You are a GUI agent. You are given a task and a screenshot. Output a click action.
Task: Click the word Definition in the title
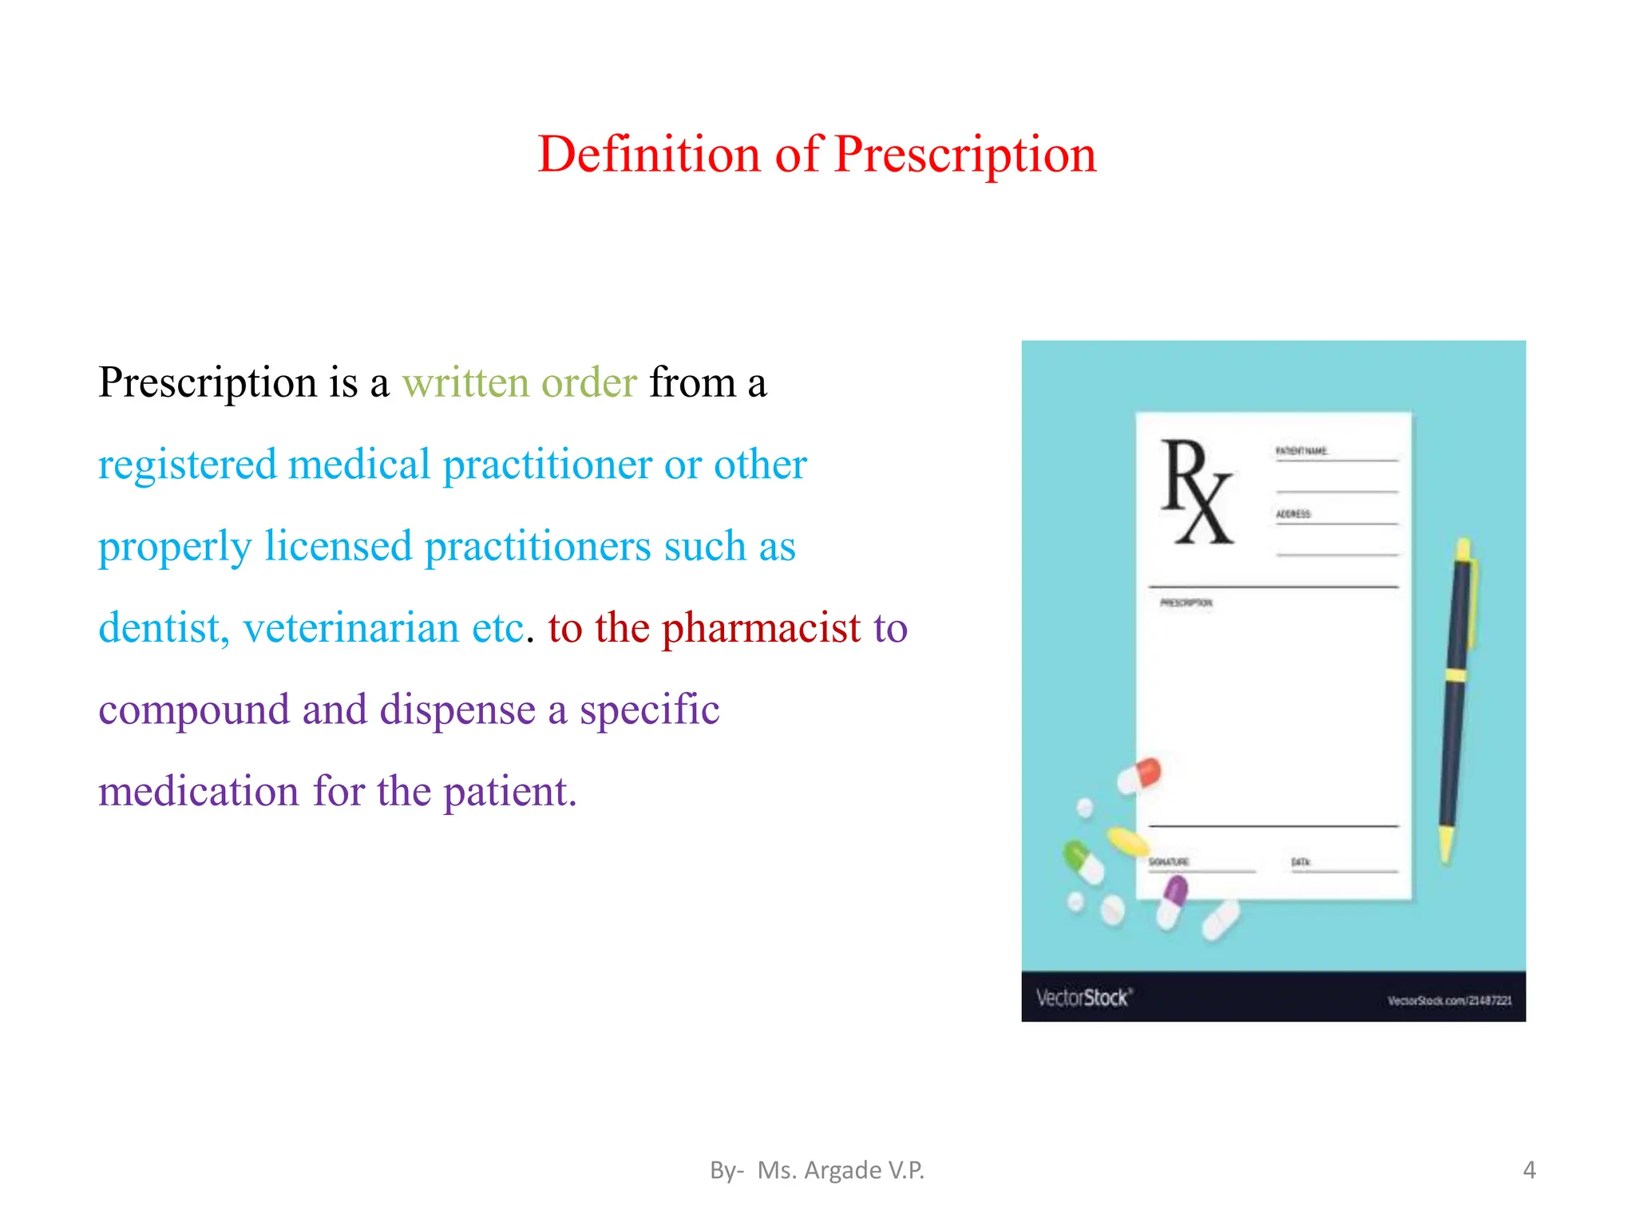point(648,154)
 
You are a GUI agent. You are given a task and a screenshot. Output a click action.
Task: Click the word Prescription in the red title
point(965,154)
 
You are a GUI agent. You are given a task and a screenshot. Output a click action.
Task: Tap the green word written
point(465,382)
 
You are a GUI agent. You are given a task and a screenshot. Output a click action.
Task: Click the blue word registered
point(188,465)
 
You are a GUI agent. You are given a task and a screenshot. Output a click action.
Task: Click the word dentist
point(164,628)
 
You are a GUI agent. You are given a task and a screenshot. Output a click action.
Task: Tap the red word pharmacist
point(762,628)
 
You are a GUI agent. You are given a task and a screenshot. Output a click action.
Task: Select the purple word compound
point(194,710)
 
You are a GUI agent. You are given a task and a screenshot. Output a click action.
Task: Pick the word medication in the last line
point(198,792)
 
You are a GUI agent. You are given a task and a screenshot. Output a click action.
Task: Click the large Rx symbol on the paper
point(1196,492)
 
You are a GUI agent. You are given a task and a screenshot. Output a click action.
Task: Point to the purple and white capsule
point(1171,902)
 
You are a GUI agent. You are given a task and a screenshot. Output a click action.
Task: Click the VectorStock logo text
point(1083,998)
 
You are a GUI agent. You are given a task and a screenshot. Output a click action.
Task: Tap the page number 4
point(1529,1170)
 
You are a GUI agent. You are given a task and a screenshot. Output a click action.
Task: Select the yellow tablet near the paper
point(1127,840)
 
